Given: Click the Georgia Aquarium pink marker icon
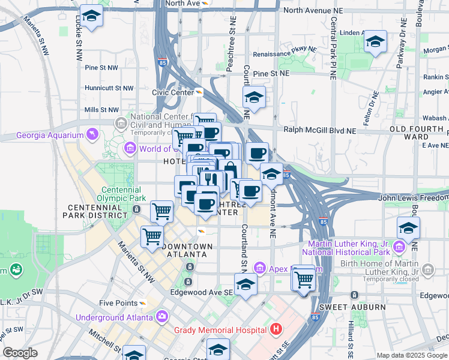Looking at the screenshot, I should tap(91, 133).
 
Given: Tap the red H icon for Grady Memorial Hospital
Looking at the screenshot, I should tap(276, 329).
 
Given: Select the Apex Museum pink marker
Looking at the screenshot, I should tap(259, 267).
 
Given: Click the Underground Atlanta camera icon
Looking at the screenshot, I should tap(162, 316).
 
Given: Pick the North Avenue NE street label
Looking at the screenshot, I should tap(316, 10).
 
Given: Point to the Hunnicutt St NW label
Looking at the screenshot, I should tap(109, 88).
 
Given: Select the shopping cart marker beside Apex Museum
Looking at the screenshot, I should tap(304, 278).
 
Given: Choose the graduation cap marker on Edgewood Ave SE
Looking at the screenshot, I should tap(246, 285).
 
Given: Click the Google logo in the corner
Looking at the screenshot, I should tap(20, 353).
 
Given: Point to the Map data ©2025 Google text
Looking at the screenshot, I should tap(411, 355).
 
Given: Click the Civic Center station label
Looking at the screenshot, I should tap(171, 92).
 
